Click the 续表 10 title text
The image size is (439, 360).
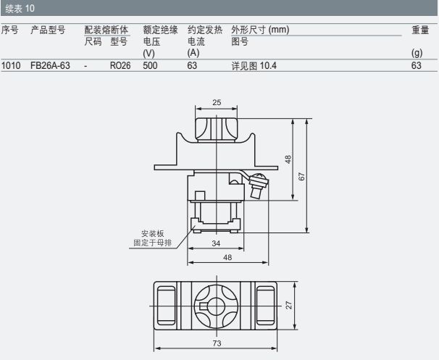[x=20, y=8]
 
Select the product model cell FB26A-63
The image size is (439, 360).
[x=50, y=65]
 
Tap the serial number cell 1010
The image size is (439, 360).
[x=11, y=65]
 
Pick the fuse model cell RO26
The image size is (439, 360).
[x=120, y=65]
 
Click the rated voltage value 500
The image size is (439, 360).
[x=150, y=65]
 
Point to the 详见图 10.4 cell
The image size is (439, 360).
[x=254, y=66]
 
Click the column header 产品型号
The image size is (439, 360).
[x=48, y=30]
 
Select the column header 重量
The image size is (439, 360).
[x=420, y=30]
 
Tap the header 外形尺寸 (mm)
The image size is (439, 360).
[x=260, y=30]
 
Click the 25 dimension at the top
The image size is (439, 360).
[x=217, y=102]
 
